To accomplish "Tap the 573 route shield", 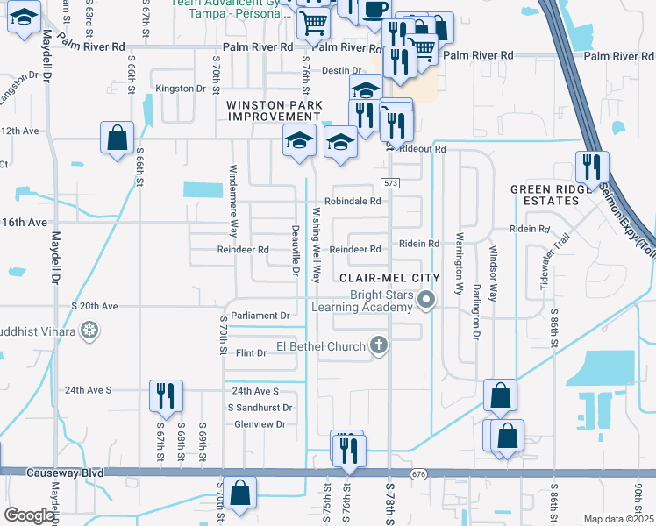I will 390,181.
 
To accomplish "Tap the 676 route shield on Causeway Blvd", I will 417,474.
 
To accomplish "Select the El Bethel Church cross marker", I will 379,345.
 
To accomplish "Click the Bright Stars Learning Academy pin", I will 426,301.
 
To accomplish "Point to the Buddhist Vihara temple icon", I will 88,331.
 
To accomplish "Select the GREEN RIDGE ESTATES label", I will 554,195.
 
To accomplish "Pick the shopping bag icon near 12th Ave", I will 118,138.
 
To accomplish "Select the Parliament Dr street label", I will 260,316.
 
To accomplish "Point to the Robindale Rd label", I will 354,201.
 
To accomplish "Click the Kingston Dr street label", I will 180,89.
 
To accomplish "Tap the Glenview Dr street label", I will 255,424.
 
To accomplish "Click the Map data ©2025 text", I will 618,519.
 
